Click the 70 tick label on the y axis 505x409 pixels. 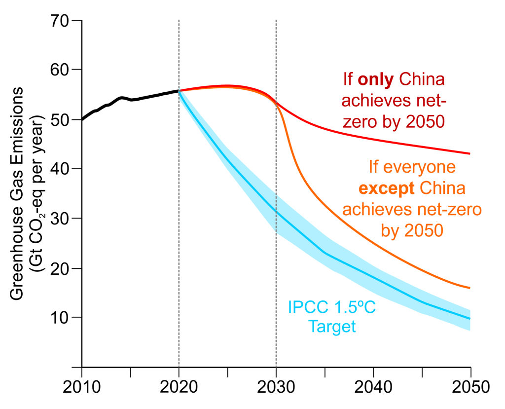tap(61, 21)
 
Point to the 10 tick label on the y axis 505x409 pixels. tap(61, 317)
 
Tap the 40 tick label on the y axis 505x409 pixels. tap(61, 169)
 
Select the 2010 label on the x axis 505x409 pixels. tap(82, 386)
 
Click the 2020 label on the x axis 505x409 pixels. tap(179, 386)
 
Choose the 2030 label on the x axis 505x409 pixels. tap(276, 386)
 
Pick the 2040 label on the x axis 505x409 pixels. tap(373, 386)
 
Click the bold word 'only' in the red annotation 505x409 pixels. tap(375, 79)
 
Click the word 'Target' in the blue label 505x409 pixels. tap(331, 326)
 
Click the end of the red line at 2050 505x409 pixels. tap(470, 153)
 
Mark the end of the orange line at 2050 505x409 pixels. tap(470, 288)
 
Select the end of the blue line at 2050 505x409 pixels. tap(470, 319)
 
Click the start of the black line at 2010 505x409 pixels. tap(82, 119)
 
